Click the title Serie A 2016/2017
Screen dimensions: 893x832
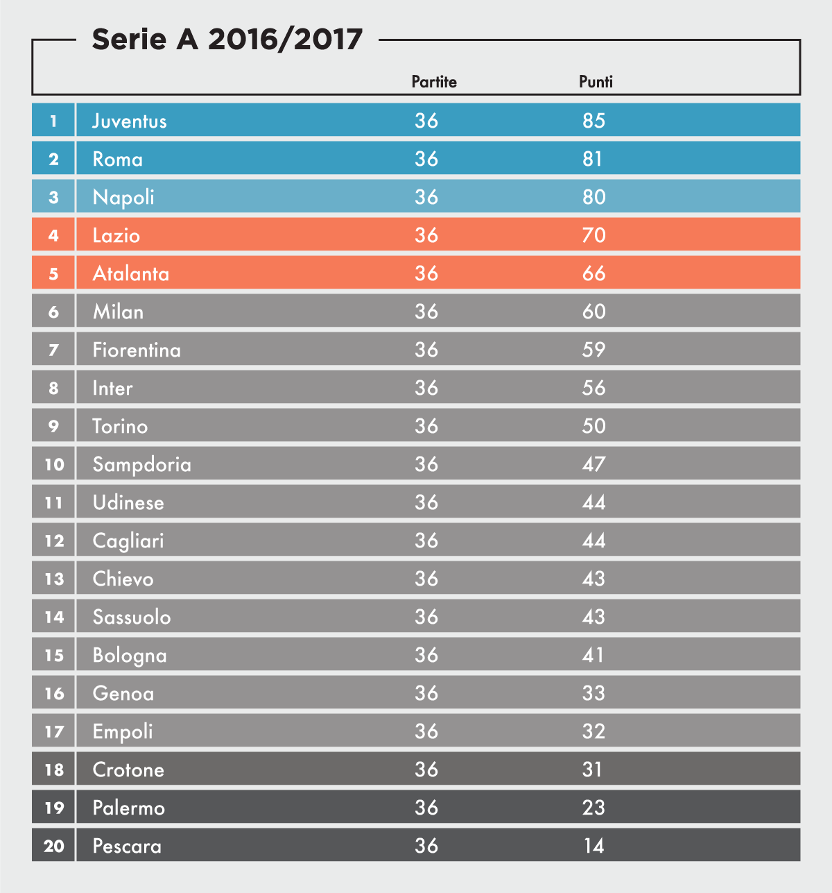227,40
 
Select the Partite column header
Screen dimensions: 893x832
434,82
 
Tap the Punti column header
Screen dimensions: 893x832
596,82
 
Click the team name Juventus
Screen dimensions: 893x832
130,121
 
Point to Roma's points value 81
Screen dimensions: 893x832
593,159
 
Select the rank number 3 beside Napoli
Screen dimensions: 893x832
53,197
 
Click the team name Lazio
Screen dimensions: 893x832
116,236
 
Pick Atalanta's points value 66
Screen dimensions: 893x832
594,273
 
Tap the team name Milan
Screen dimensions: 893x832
118,312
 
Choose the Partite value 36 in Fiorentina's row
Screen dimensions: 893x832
426,350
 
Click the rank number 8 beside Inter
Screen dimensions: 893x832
53,388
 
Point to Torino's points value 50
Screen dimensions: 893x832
594,426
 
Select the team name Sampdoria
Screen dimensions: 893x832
142,465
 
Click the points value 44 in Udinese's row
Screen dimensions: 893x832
594,502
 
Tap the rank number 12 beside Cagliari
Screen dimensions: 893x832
54,541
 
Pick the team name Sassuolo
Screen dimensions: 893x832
132,617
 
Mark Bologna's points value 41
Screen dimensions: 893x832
593,655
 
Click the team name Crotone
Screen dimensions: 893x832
128,769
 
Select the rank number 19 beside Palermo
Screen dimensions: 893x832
54,808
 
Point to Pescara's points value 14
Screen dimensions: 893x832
593,846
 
